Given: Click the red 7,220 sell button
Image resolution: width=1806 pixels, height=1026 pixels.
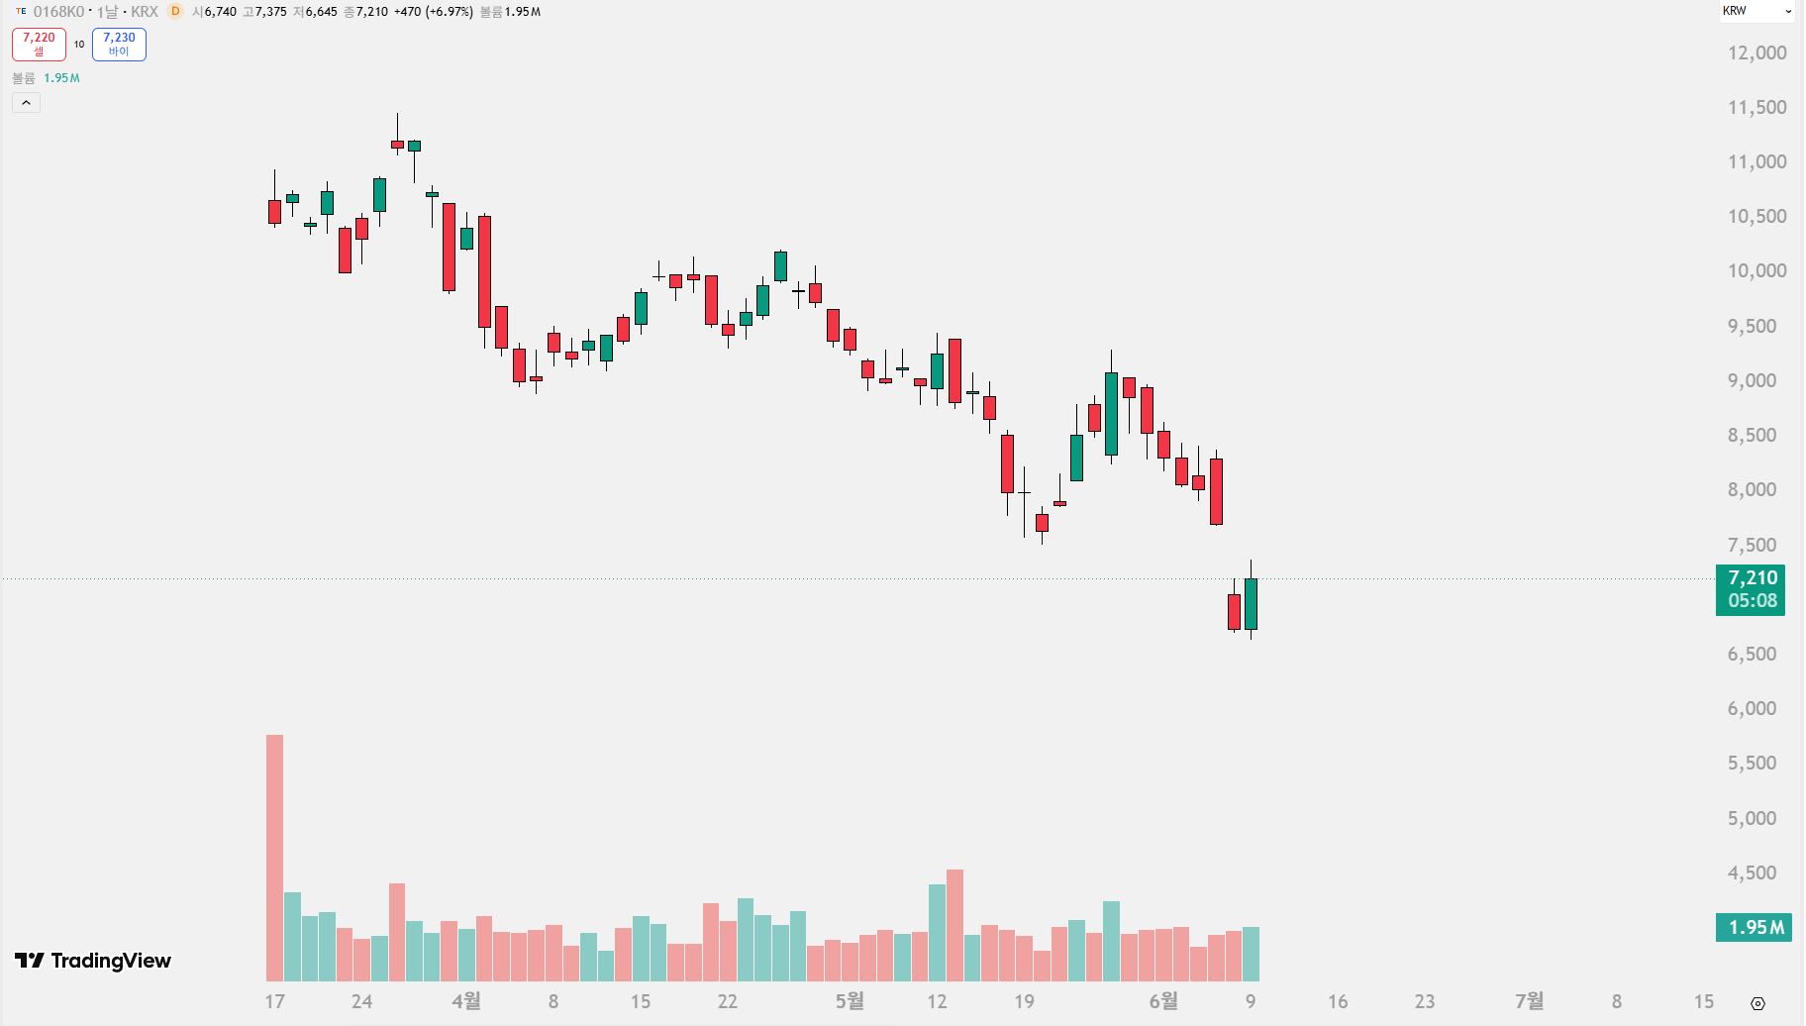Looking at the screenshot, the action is click(x=39, y=45).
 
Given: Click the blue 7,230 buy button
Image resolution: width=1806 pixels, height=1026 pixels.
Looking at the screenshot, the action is click(x=119, y=45).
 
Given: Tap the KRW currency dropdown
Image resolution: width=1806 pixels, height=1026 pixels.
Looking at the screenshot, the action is click(x=1756, y=11).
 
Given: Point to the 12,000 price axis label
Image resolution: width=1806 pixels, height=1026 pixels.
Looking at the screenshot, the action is click(x=1756, y=52).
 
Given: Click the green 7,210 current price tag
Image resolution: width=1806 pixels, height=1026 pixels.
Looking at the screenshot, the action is click(x=1751, y=589).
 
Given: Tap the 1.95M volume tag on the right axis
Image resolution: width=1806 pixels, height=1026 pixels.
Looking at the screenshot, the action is click(x=1754, y=928).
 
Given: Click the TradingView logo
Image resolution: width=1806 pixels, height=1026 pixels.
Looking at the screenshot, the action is click(x=93, y=961).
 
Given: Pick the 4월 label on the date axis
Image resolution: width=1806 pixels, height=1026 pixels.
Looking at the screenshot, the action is click(x=465, y=1001).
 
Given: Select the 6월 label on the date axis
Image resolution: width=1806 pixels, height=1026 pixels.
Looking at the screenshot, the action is click(x=1163, y=1001).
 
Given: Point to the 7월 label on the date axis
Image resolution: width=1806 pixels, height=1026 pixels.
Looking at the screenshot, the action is click(x=1529, y=1001).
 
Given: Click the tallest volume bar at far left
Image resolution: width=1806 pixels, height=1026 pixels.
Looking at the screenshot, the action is click(x=274, y=858).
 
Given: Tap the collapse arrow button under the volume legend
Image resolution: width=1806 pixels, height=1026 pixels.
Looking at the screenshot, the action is click(x=26, y=102).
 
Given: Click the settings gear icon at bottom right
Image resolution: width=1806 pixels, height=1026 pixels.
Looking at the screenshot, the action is click(x=1757, y=1003).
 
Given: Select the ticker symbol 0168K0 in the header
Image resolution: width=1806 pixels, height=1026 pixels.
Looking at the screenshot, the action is click(x=58, y=12).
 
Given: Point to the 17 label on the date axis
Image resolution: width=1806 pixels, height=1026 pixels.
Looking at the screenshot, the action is click(x=274, y=1001).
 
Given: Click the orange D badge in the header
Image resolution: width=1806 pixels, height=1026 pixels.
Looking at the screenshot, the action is click(x=175, y=11).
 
